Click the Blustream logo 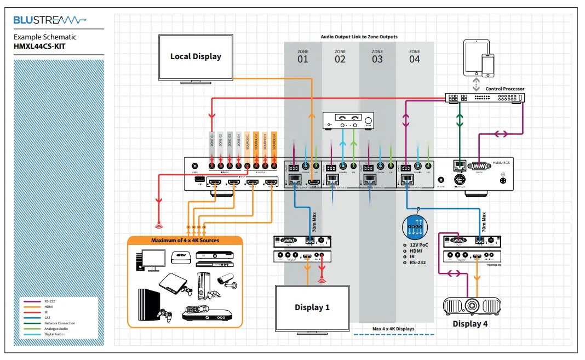(x=49, y=20)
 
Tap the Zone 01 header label (x=303, y=56)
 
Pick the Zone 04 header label (x=415, y=56)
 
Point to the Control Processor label (x=505, y=89)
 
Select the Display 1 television (x=312, y=308)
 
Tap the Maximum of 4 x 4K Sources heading (x=185, y=241)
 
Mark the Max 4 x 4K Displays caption (x=393, y=329)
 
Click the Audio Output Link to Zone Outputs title (x=359, y=37)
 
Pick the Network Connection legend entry (x=59, y=323)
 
